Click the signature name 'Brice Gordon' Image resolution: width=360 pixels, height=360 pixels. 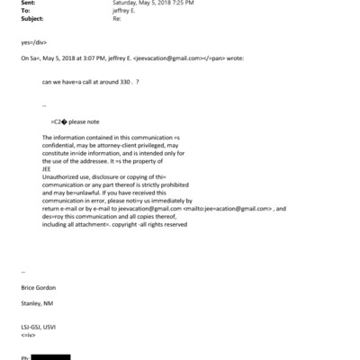pyautogui.click(x=37, y=286)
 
